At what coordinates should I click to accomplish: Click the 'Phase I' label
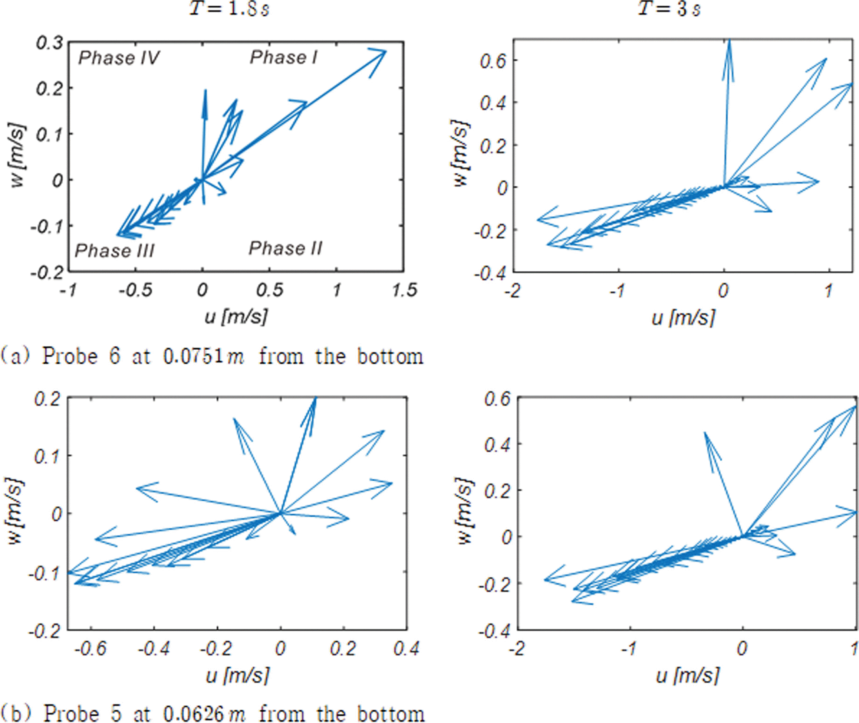(283, 58)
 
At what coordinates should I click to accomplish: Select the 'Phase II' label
(286, 248)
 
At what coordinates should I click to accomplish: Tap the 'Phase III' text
(115, 251)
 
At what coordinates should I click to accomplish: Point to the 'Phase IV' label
(119, 58)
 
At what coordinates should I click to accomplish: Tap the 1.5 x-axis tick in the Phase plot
(404, 291)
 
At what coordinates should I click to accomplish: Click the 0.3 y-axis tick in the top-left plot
(49, 43)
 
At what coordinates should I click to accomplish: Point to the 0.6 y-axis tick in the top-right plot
(493, 60)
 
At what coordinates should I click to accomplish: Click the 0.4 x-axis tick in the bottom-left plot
(407, 649)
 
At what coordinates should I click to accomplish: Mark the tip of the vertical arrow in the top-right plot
(729, 40)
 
